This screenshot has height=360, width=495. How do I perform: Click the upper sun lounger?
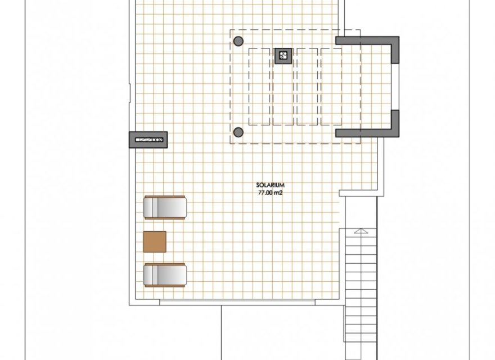(x=165, y=206)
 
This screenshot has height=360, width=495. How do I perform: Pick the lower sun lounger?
(x=165, y=276)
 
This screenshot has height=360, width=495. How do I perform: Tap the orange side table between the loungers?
(x=155, y=241)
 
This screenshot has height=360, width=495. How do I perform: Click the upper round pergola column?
(x=238, y=41)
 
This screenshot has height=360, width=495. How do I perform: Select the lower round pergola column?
(x=238, y=132)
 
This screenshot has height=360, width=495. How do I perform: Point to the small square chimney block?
(x=283, y=55)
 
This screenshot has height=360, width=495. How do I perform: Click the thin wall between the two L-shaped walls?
(x=398, y=87)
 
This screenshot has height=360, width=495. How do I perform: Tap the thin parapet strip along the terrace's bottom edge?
(x=251, y=303)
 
